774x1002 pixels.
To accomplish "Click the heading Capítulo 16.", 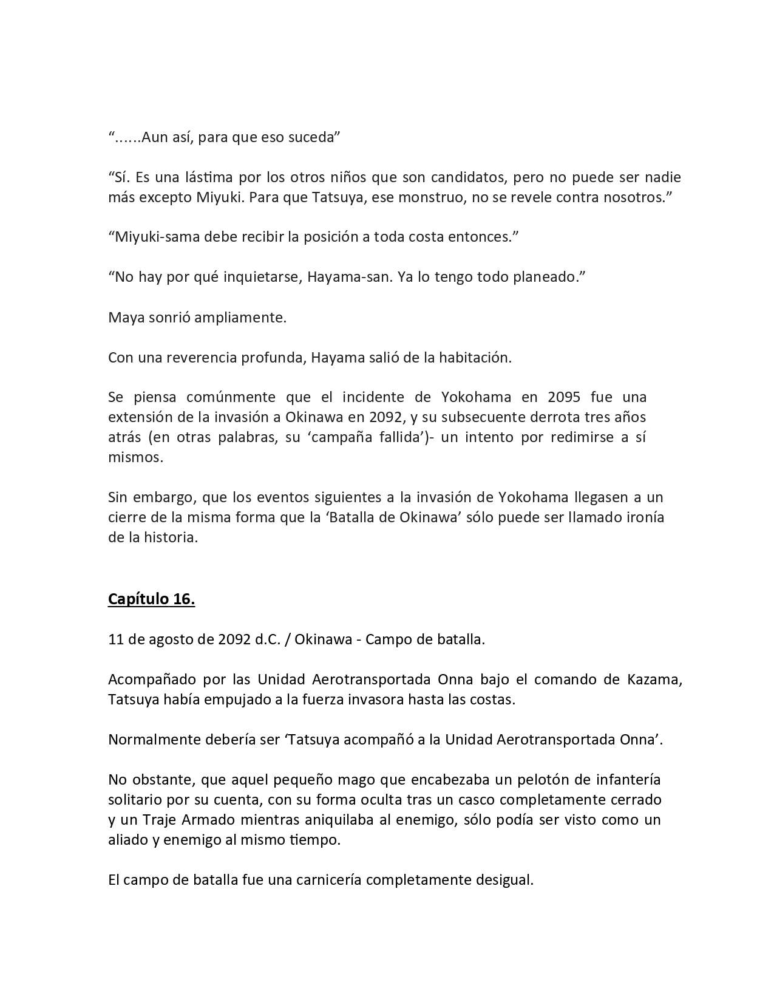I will click(151, 599).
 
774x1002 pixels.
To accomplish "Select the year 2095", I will click(564, 397).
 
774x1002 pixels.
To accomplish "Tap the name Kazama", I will click(651, 679).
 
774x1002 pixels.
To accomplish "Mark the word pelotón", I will click(515, 779).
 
